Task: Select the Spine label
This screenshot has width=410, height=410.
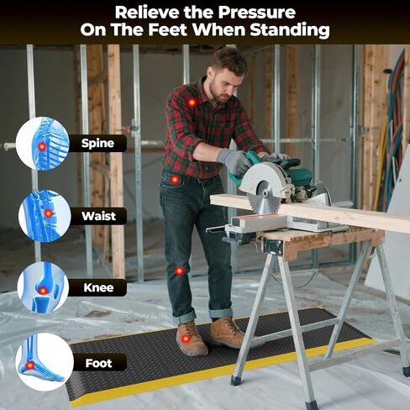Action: [97, 144]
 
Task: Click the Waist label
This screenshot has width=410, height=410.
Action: [97, 216]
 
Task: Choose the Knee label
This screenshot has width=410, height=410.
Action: [97, 287]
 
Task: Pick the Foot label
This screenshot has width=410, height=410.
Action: [97, 363]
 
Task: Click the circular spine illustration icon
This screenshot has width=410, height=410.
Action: [42, 144]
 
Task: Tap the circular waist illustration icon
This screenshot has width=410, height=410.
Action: [44, 215]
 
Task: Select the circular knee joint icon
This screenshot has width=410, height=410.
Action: [43, 288]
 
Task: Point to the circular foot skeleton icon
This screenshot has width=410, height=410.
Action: [42, 362]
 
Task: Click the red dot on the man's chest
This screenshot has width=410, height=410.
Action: [192, 102]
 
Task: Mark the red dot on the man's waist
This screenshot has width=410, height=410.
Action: [175, 179]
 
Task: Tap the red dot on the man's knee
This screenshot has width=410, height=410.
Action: [179, 271]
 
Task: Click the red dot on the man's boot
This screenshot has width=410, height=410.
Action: [186, 338]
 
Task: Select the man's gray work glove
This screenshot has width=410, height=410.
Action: [234, 160]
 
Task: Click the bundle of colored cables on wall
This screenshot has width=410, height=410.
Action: [395, 126]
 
